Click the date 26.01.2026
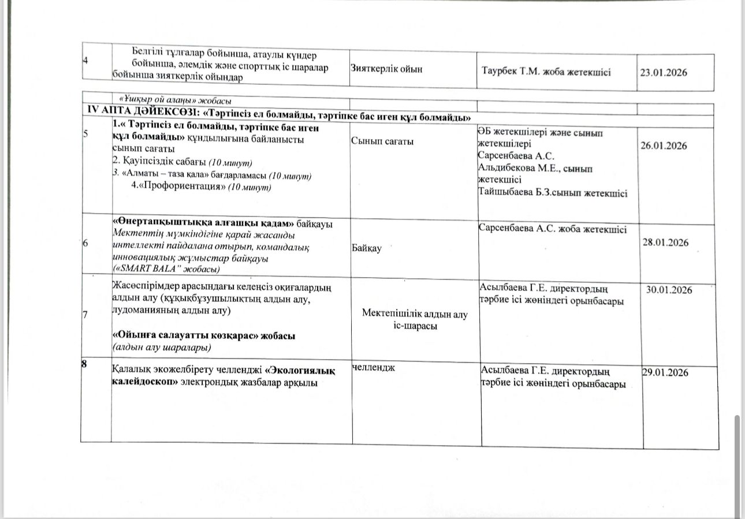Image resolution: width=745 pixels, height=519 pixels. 664,145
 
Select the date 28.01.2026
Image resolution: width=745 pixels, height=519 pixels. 665,242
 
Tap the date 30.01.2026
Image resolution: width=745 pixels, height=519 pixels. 669,290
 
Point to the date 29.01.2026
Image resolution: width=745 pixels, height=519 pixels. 665,373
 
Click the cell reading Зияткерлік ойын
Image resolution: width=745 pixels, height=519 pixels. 386,69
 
